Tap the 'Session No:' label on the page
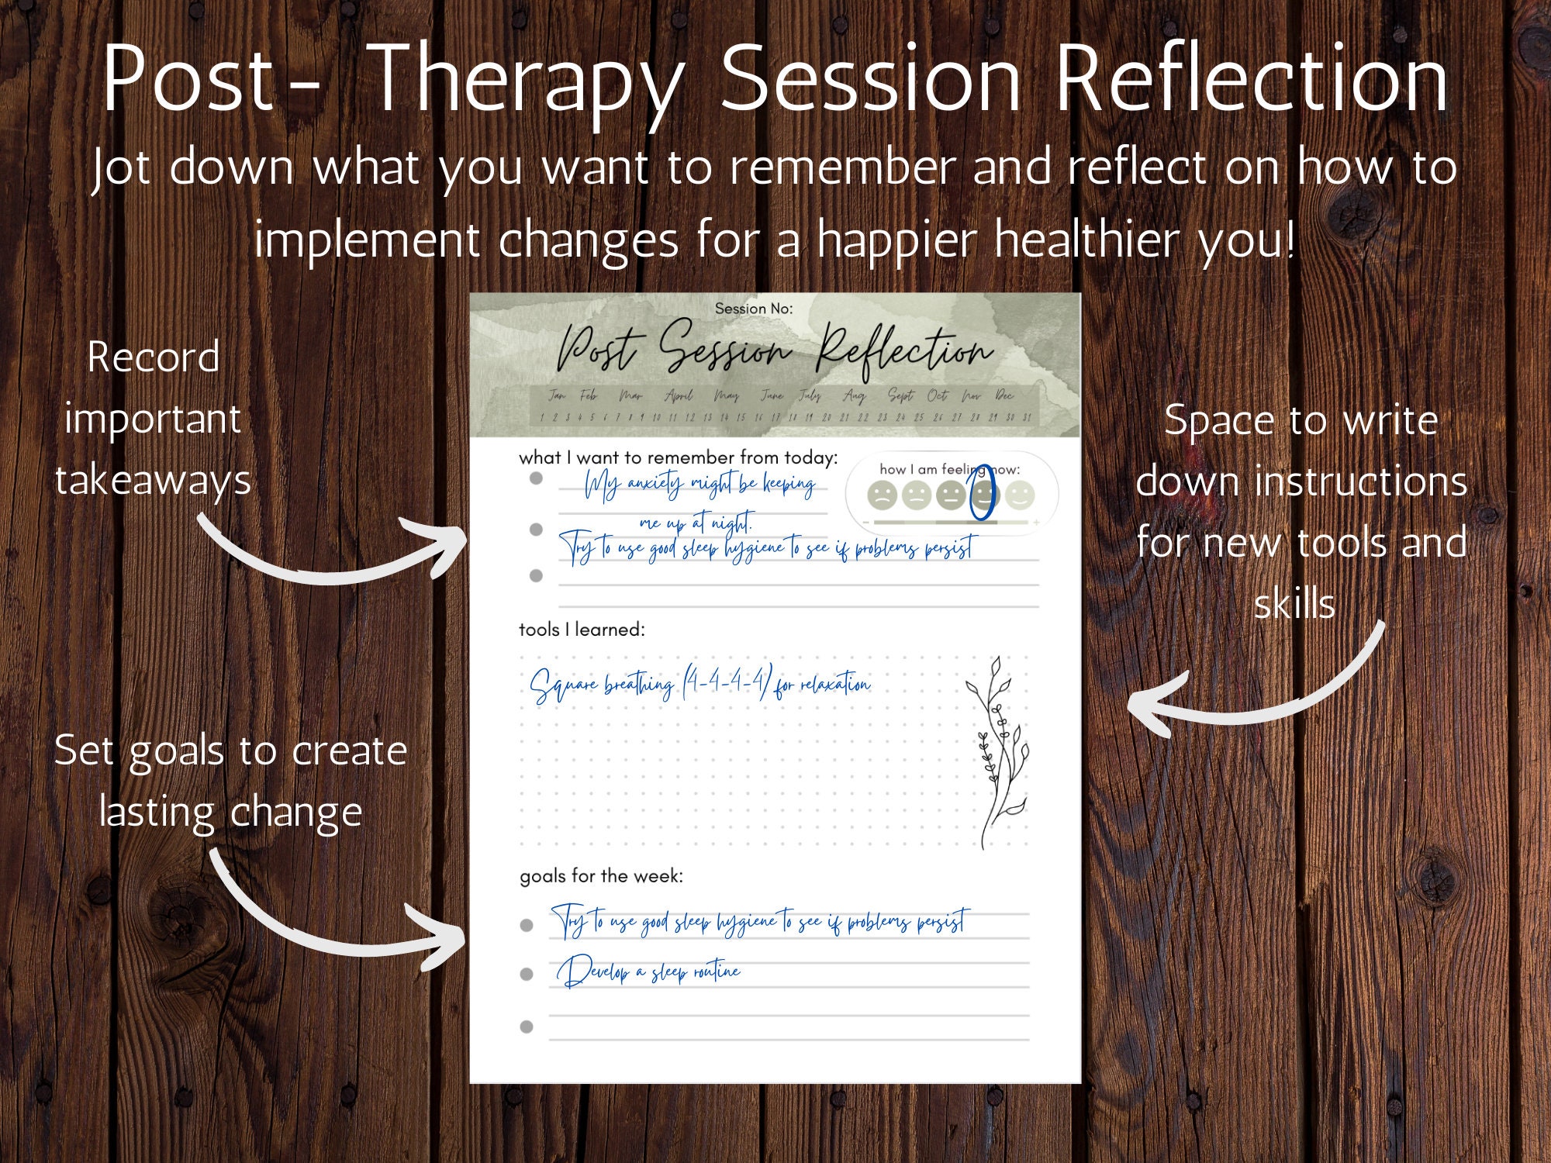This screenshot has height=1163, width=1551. (x=753, y=309)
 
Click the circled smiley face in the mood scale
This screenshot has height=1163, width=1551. (x=984, y=495)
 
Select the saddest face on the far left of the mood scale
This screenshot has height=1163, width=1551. (x=882, y=495)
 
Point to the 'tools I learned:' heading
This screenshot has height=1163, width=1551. (x=582, y=630)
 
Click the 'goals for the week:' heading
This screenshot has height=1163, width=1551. (x=601, y=876)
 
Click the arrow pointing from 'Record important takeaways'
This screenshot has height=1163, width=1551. (x=333, y=554)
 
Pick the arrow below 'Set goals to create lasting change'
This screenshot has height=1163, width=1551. (x=333, y=923)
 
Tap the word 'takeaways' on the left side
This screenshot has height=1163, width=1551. (x=153, y=480)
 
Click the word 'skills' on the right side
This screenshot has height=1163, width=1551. (x=1294, y=605)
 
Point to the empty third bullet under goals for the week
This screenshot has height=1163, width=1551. (x=527, y=1027)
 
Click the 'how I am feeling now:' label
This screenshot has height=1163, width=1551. (x=949, y=469)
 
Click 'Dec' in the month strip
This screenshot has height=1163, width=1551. (x=1003, y=395)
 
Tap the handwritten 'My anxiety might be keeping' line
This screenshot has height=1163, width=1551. (x=698, y=485)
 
